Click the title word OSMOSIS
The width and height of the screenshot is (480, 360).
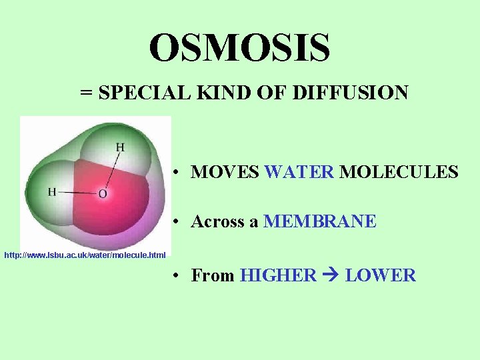pyautogui.click(x=239, y=48)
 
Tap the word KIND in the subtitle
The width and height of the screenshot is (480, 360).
pyautogui.click(x=213, y=93)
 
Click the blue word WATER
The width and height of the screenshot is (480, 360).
pyautogui.click(x=299, y=172)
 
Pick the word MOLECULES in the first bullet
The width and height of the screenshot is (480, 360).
pyautogui.click(x=399, y=172)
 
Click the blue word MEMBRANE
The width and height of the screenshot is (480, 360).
pyautogui.click(x=320, y=221)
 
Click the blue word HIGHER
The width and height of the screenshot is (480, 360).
pyautogui.click(x=278, y=275)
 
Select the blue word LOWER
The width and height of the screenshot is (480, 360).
pyautogui.click(x=380, y=275)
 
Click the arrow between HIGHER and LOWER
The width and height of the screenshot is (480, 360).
pyautogui.click(x=330, y=275)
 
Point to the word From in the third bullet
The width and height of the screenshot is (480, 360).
pyautogui.click(x=213, y=275)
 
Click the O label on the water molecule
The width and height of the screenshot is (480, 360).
pyautogui.click(x=102, y=194)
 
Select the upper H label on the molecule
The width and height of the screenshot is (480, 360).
pyautogui.click(x=120, y=147)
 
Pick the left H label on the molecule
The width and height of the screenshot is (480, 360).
pyautogui.click(x=52, y=192)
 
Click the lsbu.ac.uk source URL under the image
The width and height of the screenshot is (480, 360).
pyautogui.click(x=85, y=255)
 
